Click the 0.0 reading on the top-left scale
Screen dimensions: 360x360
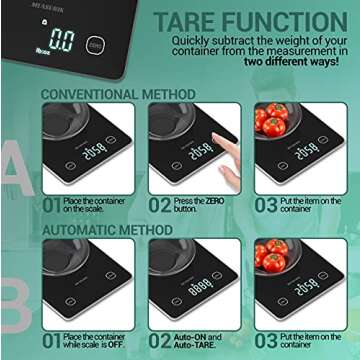[x=62, y=40]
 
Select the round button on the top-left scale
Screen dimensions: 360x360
[x=94, y=44]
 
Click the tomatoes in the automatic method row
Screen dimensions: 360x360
[x=272, y=257]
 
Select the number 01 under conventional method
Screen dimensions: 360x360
[x=51, y=206]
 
